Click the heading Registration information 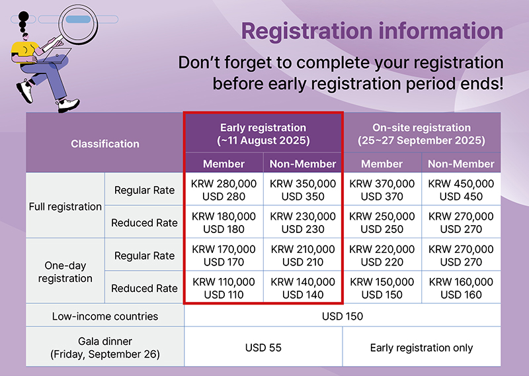click(372, 31)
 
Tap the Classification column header click(105, 144)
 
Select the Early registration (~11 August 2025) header click(263, 134)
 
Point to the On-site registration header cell click(422, 134)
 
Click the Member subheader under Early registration click(224, 164)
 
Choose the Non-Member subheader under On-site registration click(461, 164)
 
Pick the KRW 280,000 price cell click(224, 190)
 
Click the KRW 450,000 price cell click(461, 190)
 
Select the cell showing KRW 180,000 click(224, 222)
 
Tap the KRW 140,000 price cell click(303, 288)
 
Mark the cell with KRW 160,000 click(461, 288)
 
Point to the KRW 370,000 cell click(382, 190)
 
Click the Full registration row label click(65, 207)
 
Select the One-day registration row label click(65, 271)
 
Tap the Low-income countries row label click(105, 316)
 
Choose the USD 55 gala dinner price click(263, 348)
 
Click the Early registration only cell click(422, 348)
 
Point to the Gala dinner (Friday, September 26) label click(105, 348)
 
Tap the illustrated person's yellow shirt click(23, 50)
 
